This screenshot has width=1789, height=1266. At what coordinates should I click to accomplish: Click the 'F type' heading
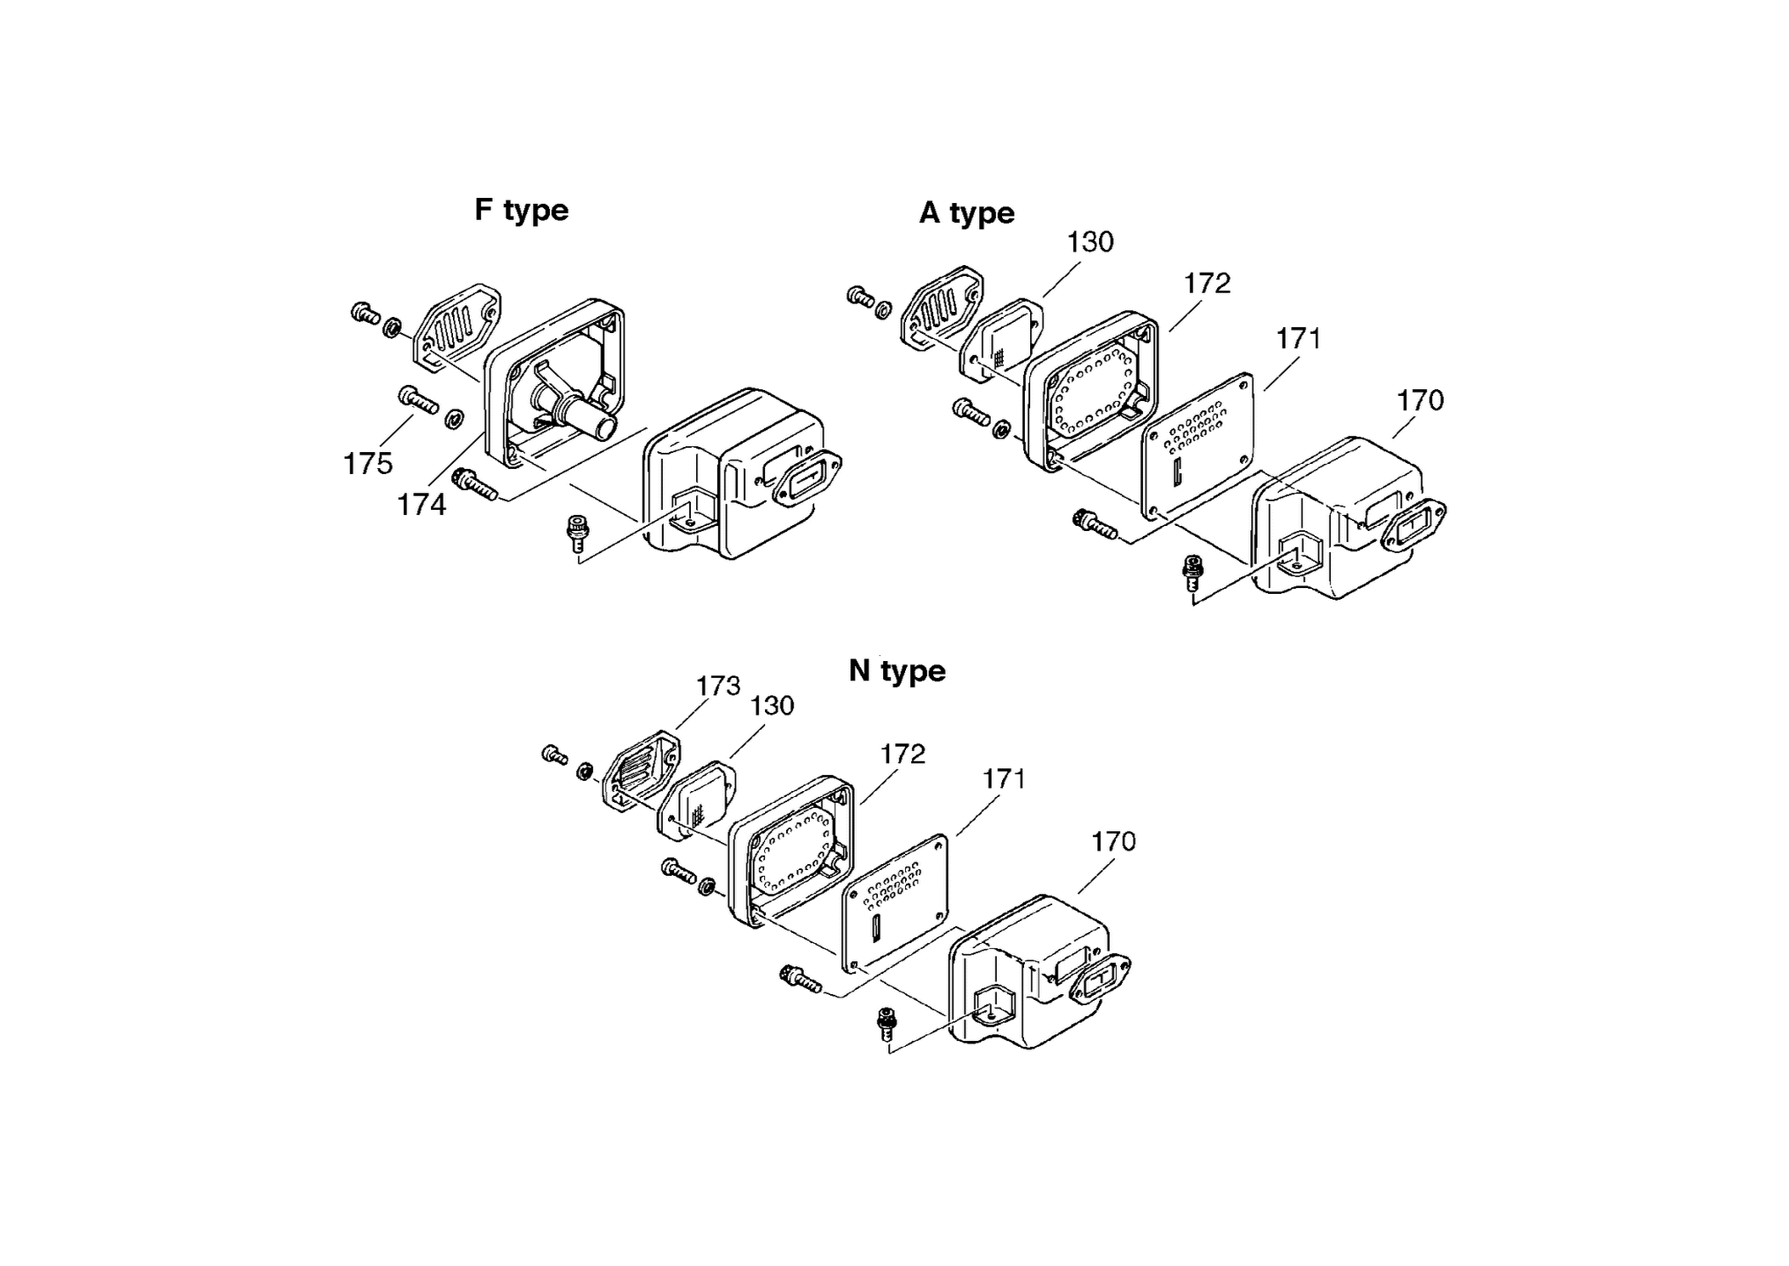click(x=521, y=210)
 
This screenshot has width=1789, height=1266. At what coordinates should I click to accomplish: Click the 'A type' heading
click(x=966, y=212)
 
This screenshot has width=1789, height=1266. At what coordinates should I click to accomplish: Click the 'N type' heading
click(x=897, y=670)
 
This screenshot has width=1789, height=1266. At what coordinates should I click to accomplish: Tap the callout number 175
click(x=368, y=464)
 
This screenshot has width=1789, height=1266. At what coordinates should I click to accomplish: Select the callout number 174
click(x=422, y=505)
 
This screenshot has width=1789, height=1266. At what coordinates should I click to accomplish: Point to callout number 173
click(x=718, y=686)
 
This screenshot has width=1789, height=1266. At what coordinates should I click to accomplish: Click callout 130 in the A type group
click(x=1090, y=242)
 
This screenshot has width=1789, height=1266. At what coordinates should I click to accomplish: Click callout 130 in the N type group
click(x=772, y=705)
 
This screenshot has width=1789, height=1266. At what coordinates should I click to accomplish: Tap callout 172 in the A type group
click(x=1207, y=283)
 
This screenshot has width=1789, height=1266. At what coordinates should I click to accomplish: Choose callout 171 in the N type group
click(x=1004, y=778)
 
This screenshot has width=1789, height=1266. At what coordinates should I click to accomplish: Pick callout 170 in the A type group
click(x=1420, y=400)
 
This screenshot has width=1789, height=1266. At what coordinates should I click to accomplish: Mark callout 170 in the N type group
click(x=1113, y=841)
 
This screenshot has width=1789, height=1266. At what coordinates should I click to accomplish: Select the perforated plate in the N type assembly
click(x=895, y=903)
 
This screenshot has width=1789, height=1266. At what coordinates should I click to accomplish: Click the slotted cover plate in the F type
click(x=456, y=328)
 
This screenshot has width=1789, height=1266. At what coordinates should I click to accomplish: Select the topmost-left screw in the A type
click(x=860, y=297)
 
